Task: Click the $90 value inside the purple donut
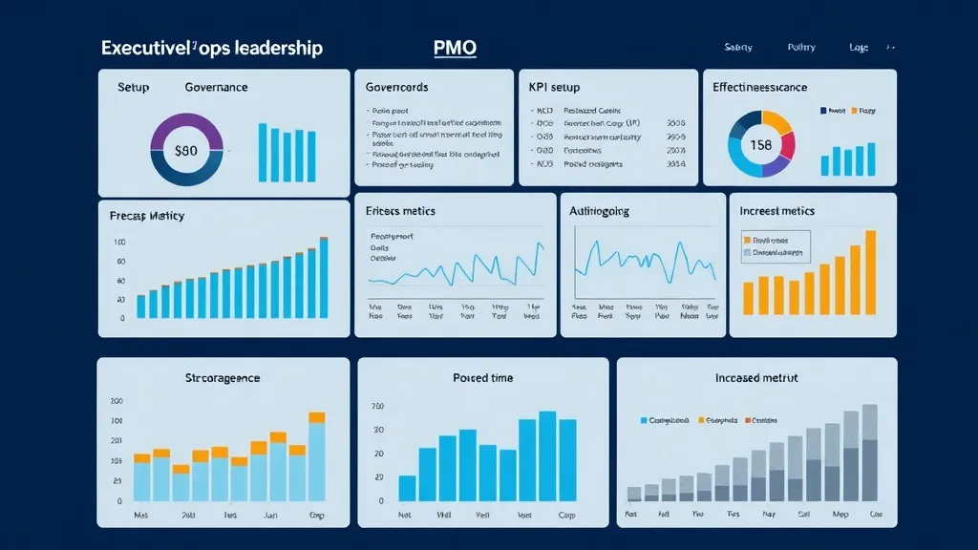tap(186, 150)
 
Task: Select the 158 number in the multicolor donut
tap(761, 145)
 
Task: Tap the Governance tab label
tap(216, 87)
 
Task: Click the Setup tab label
tap(134, 87)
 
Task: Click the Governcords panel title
tap(396, 87)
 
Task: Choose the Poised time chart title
tap(482, 378)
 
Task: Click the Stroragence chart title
tap(223, 378)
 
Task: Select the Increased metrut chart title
tap(755, 378)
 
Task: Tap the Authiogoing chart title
tap(599, 211)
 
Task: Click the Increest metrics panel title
tap(777, 211)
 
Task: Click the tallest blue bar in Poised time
tap(547, 455)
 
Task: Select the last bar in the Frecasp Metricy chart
tap(324, 276)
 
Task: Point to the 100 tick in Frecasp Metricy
tap(119, 243)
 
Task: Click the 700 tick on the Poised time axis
tap(377, 408)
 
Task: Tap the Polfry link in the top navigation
tap(801, 48)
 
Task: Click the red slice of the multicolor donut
tap(788, 144)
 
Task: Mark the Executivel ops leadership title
tap(212, 48)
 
